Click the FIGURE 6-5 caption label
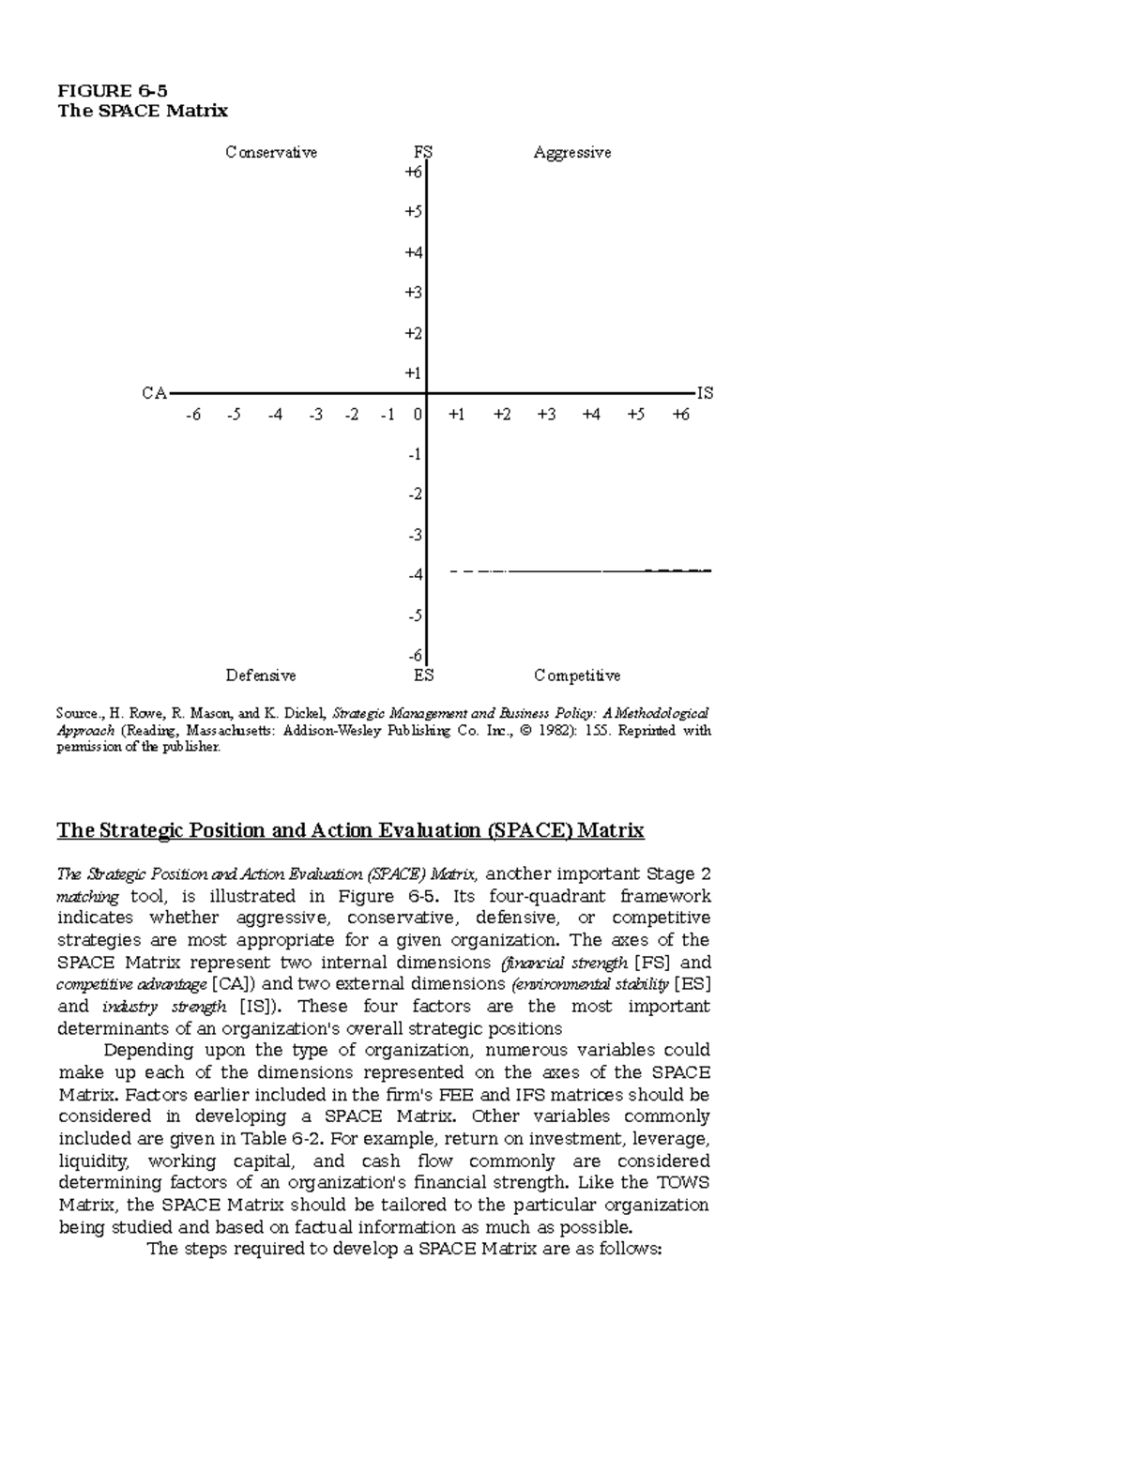(x=113, y=91)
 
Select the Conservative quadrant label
(x=271, y=153)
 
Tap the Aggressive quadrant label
(x=572, y=153)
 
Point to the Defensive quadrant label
(x=261, y=675)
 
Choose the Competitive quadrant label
(x=577, y=675)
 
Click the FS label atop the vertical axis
(x=423, y=153)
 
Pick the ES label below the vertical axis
(x=423, y=675)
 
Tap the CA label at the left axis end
(x=154, y=394)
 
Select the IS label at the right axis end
(x=705, y=394)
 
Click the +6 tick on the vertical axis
(x=413, y=173)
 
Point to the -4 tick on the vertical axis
(x=414, y=575)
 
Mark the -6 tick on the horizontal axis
(x=192, y=415)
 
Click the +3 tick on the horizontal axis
(x=546, y=415)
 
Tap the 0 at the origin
(x=418, y=415)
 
